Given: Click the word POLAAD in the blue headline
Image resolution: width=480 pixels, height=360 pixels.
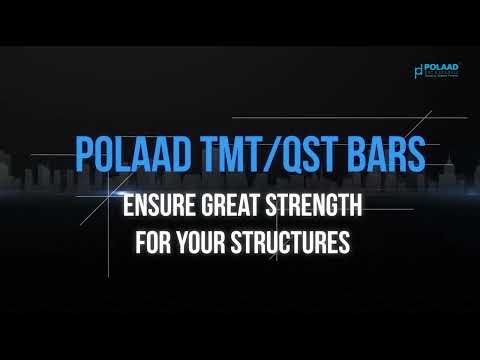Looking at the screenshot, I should tap(124, 156).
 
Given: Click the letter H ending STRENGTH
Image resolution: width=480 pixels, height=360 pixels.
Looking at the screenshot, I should tap(354, 208).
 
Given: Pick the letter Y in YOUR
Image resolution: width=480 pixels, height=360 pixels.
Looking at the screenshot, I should tap(181, 242).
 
